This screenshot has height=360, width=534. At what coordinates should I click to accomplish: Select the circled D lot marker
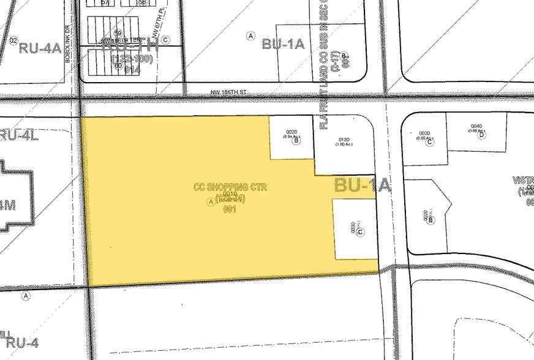point(481,135)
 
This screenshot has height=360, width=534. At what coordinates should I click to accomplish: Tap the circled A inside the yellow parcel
point(211,202)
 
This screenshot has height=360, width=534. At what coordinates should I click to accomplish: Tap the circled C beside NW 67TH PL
point(165,40)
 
